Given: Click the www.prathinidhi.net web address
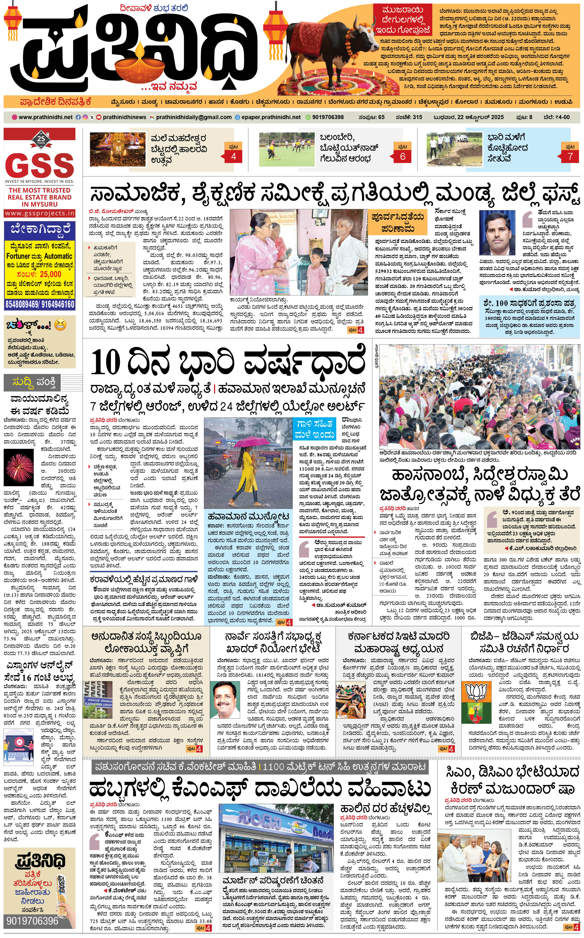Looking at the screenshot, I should [45, 117].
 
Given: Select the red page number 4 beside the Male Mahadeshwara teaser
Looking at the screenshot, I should [233, 157].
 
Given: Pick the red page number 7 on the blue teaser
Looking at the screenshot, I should [570, 157].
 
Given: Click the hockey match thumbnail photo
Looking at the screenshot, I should [287, 149].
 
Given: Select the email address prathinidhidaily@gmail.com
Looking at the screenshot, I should [194, 117].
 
